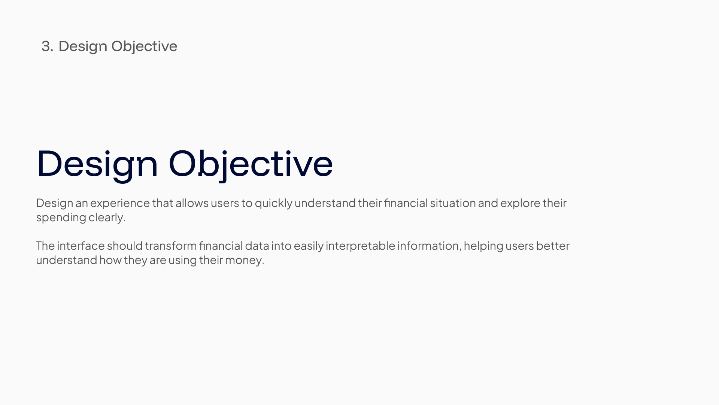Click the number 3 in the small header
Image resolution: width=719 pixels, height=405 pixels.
pos(46,46)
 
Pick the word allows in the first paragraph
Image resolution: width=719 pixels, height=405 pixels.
pos(192,203)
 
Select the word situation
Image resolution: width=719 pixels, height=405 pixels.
pos(453,203)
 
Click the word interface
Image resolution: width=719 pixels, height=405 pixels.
pos(81,246)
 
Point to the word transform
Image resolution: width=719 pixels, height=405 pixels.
pos(171,246)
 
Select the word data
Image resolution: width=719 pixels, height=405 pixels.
pos(257,246)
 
